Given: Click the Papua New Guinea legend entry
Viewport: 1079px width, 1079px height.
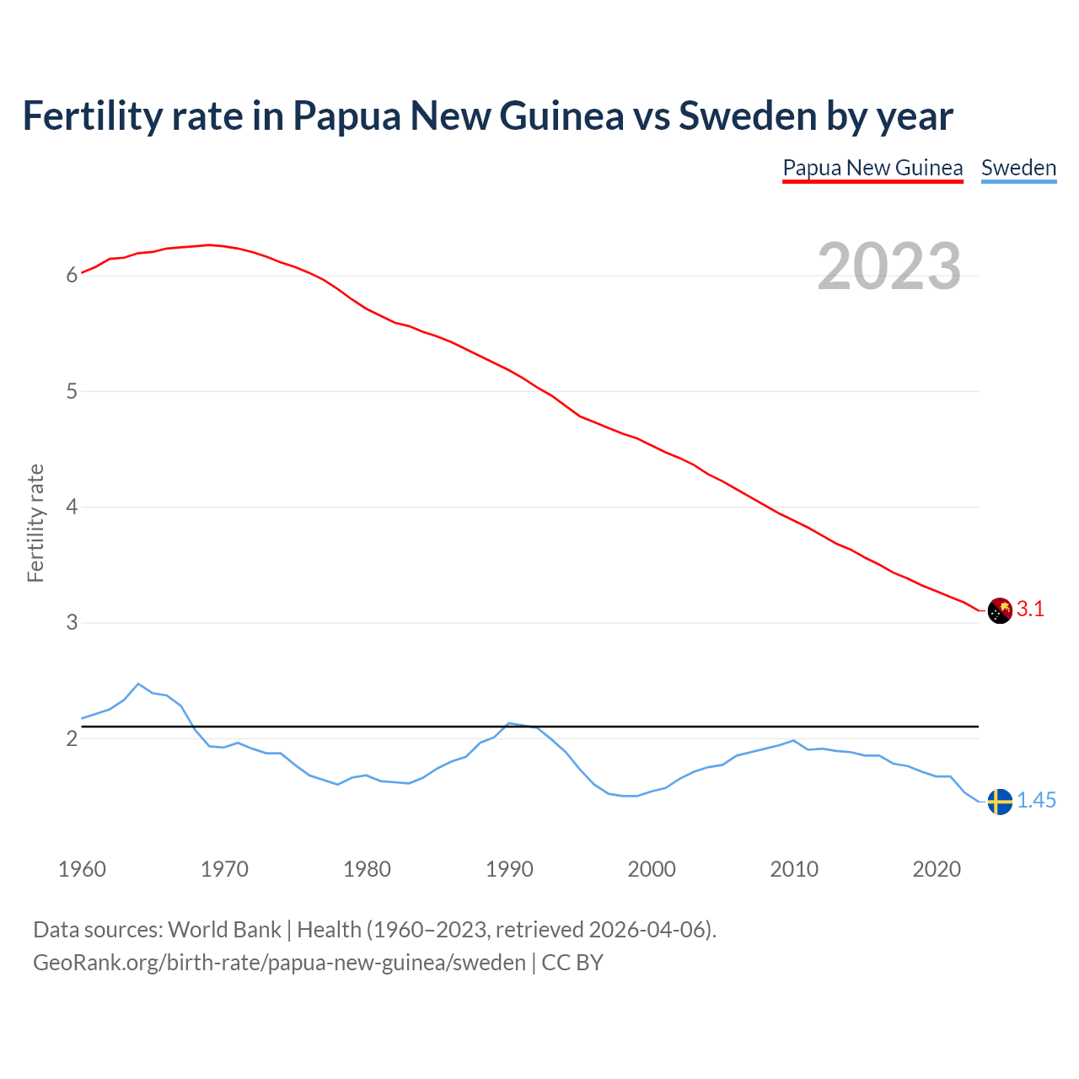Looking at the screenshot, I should (872, 168).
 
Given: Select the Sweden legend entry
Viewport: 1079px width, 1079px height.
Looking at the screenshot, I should (1018, 168).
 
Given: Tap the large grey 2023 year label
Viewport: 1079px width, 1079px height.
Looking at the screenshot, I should (889, 266).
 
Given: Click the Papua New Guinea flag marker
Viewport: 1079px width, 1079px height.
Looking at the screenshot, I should (1000, 610).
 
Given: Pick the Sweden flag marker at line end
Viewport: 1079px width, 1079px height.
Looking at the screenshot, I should (1000, 801).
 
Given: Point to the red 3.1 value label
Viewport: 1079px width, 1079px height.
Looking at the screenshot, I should (1030, 609).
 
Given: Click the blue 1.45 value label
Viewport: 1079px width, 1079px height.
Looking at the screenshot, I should (1036, 801).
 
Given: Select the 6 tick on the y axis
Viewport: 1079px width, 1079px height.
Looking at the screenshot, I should (72, 276).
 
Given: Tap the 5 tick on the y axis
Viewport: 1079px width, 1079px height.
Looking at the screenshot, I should (72, 392).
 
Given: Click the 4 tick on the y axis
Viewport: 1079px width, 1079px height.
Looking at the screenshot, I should (72, 507).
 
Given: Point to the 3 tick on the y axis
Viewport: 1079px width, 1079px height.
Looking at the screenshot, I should (72, 623).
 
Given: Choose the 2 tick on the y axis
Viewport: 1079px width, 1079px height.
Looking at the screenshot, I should (72, 739).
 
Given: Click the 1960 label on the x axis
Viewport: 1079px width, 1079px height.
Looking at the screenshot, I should (82, 869).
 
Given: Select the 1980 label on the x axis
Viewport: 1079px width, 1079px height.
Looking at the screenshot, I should (367, 869).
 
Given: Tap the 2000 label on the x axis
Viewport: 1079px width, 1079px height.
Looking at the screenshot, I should (652, 869).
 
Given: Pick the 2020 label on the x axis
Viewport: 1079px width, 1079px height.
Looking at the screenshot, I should (937, 869).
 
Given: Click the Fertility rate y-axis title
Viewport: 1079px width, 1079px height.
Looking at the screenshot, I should (35, 523).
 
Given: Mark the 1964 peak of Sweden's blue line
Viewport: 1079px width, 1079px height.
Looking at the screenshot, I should (138, 684).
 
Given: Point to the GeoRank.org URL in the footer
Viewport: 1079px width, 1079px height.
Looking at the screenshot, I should (279, 963).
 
